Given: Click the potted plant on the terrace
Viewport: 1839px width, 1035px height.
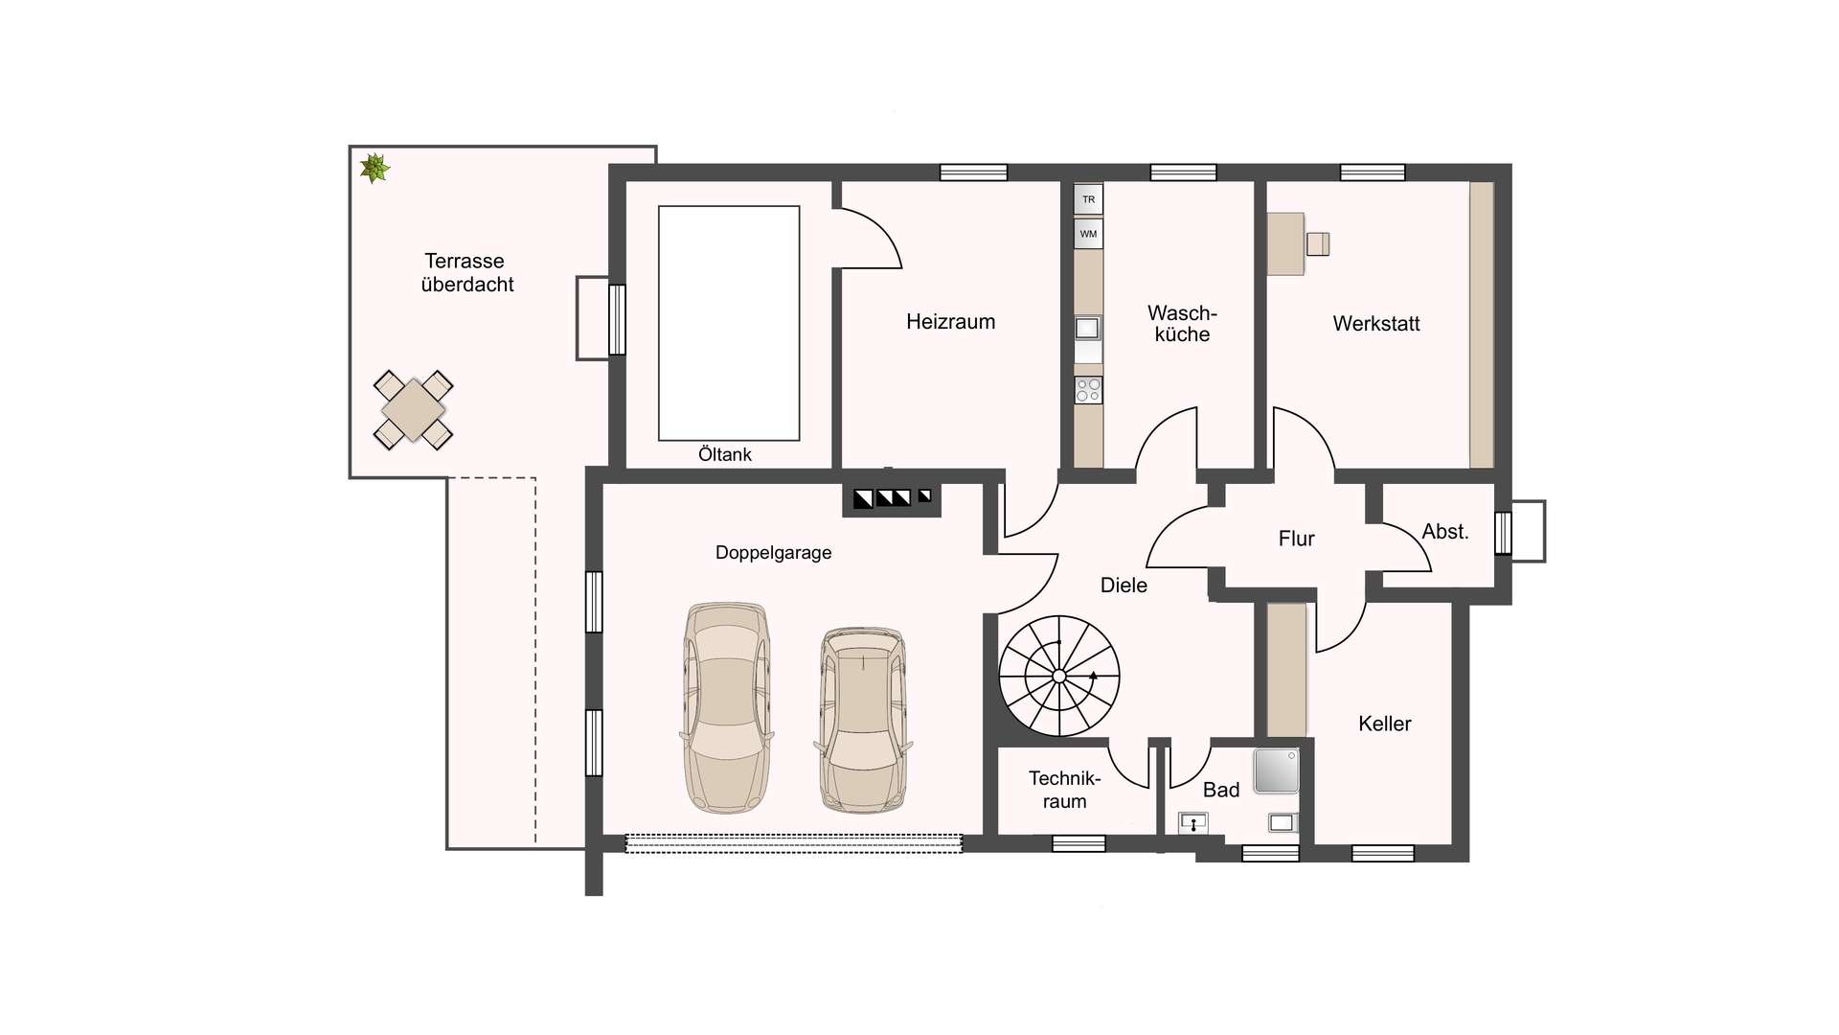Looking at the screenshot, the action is pos(375,169).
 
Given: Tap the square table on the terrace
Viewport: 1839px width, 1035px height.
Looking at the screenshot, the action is pos(413,410).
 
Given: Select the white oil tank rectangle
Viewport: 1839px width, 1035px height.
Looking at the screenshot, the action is pos(729,323).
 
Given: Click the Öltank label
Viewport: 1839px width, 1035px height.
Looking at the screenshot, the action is pos(725,454).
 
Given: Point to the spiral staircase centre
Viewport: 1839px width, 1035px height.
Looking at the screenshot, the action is pos(1059,677).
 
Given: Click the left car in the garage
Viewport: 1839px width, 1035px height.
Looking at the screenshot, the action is pos(728,708).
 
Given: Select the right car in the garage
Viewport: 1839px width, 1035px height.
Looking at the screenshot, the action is pos(863,720).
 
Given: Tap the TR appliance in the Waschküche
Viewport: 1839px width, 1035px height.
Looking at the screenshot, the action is pos(1088,199).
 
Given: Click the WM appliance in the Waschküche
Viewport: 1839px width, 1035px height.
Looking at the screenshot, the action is pos(1088,234).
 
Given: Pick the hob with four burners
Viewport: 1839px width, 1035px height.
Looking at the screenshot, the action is pos(1088,390).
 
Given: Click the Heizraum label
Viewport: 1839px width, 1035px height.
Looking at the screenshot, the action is pos(951,322).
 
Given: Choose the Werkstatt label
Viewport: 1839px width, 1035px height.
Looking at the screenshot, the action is pos(1376,324).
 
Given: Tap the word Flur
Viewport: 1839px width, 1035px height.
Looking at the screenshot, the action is pos(1297,539).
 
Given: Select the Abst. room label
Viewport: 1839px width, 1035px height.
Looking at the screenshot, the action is pos(1445,532).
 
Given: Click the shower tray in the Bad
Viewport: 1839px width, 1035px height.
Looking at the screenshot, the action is pos(1277,770).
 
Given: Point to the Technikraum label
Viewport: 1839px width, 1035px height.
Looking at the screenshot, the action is pos(1065,790).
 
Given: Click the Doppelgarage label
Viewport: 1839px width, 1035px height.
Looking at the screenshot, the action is pos(774,553).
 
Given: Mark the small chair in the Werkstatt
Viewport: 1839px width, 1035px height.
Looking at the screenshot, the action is pos(1318,244).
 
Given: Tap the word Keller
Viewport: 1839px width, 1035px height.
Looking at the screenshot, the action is pos(1385,724).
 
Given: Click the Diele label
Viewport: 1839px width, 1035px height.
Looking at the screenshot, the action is pos(1124,586).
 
